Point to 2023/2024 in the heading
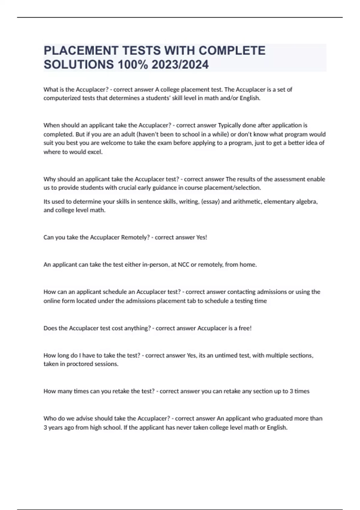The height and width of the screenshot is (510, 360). click(x=180, y=64)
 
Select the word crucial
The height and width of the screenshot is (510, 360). click(x=125, y=188)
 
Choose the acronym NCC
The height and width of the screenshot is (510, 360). click(x=184, y=265)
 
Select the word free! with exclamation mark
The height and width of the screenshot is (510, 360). click(x=245, y=328)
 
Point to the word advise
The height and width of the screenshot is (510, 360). click(x=85, y=418)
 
